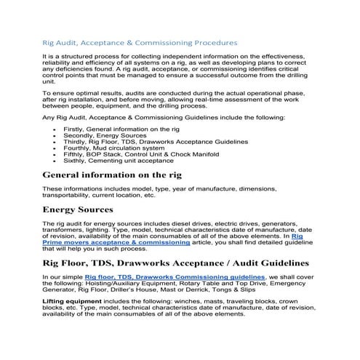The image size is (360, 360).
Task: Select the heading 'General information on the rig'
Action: (x=112, y=175)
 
